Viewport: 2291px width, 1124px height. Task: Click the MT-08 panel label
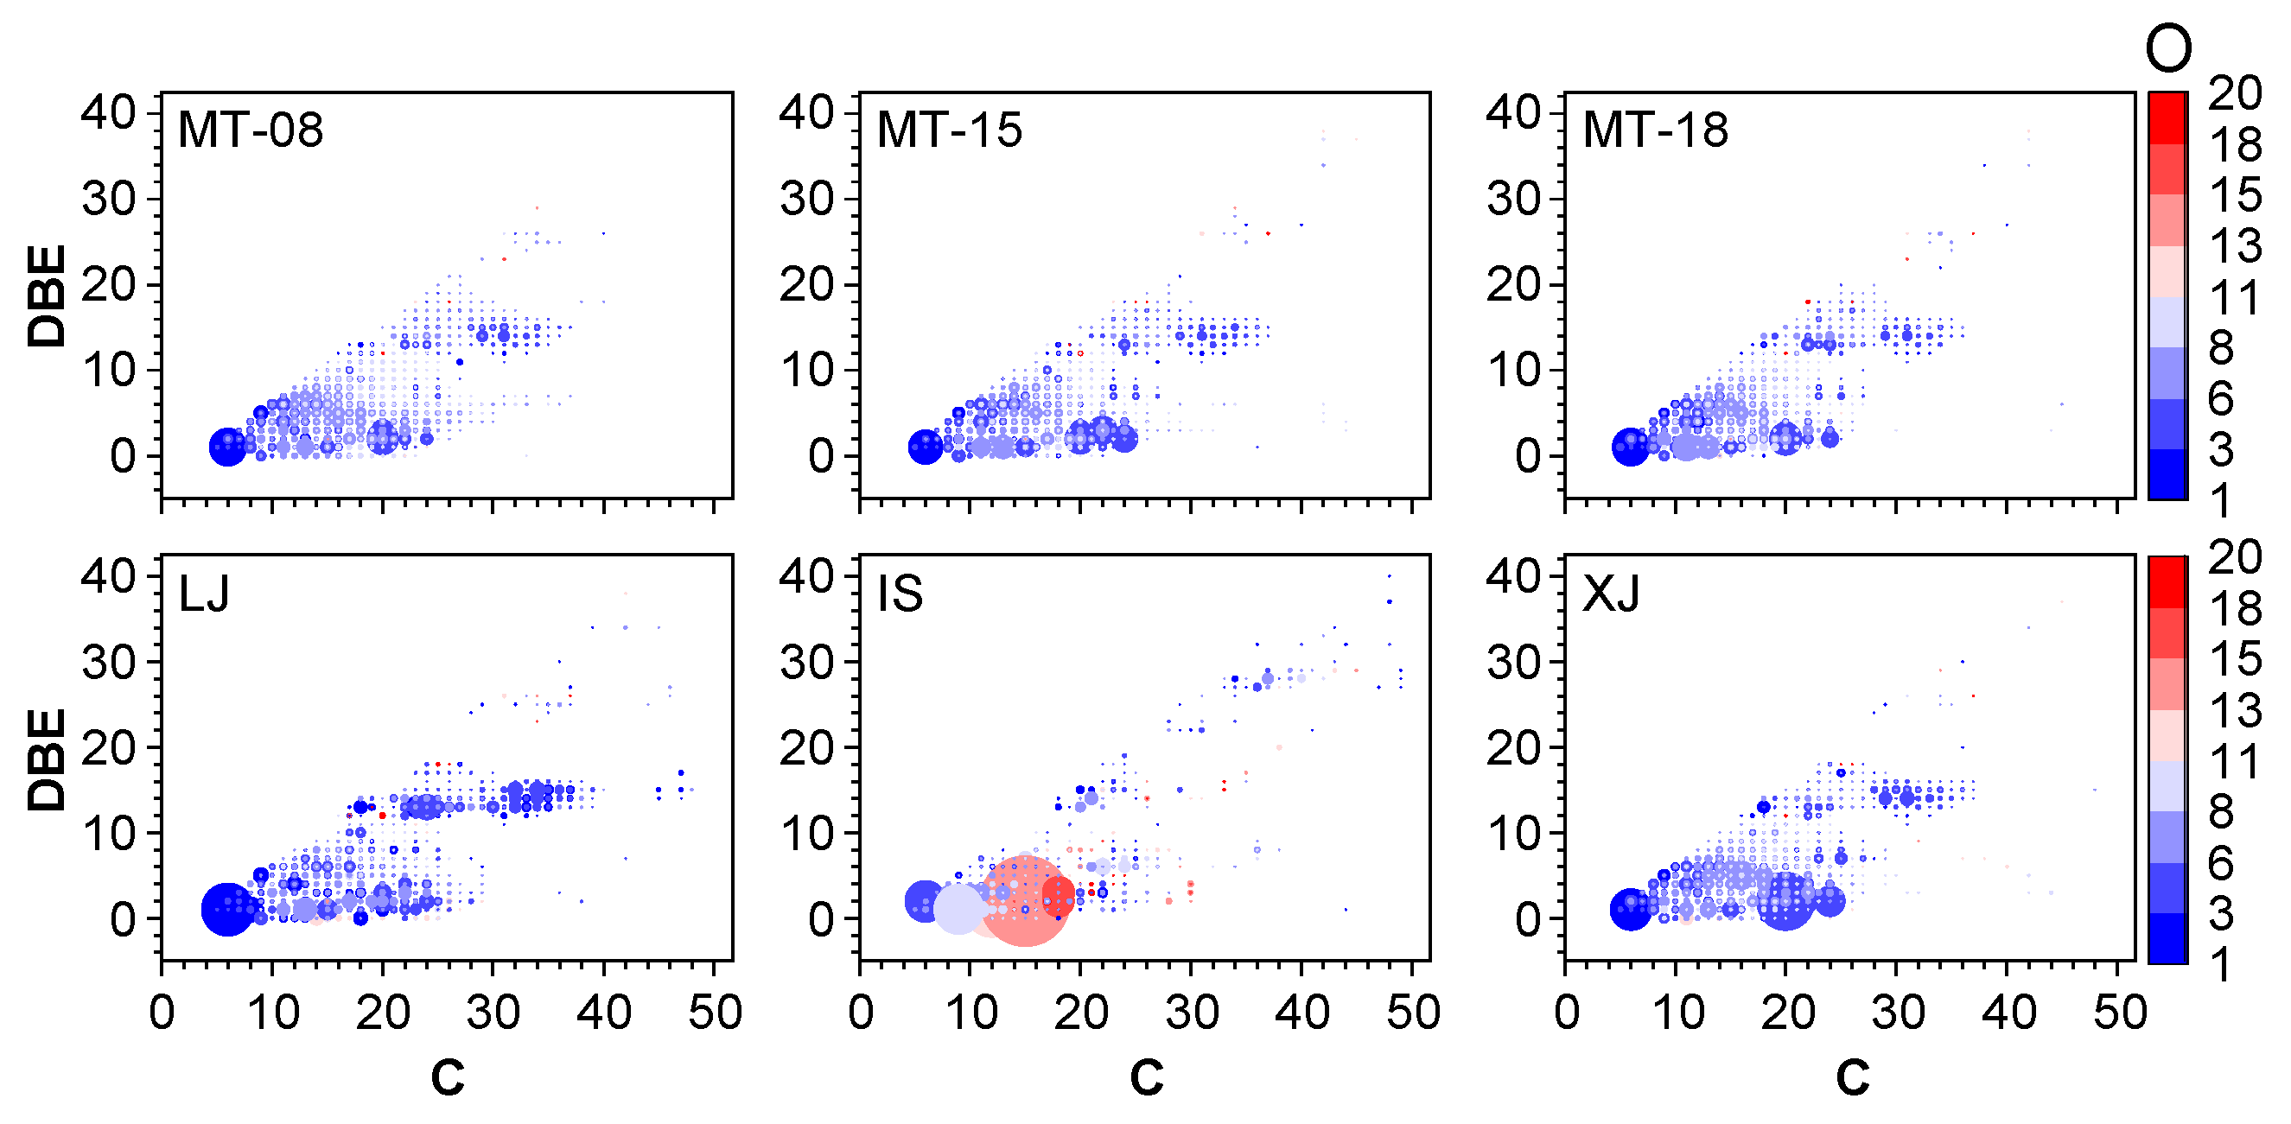(x=250, y=130)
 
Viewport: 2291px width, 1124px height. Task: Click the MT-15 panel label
(x=949, y=130)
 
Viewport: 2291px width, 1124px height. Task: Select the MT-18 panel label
(x=1655, y=130)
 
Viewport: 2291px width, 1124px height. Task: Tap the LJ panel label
(x=204, y=594)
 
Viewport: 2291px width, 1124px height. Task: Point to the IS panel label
(x=899, y=594)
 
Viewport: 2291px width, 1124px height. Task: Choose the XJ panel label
(x=1611, y=594)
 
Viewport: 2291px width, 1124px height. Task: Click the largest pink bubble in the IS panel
(x=1025, y=902)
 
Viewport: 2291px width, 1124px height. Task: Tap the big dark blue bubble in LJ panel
(x=227, y=909)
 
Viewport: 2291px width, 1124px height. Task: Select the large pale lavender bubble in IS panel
(x=958, y=909)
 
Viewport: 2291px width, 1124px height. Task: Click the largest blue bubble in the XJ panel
(x=1785, y=902)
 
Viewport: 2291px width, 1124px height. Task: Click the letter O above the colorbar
(x=2167, y=49)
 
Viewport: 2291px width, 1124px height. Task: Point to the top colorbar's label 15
(x=2234, y=194)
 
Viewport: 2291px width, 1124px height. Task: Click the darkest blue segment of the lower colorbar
(x=2167, y=938)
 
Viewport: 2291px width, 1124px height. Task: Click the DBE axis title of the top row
(x=47, y=295)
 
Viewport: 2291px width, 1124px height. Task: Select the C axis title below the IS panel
(x=1147, y=1077)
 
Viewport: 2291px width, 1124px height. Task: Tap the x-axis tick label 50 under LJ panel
(x=714, y=1012)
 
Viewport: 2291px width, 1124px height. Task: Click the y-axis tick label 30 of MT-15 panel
(x=806, y=199)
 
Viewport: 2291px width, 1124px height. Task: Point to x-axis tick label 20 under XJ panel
(x=1786, y=1012)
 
